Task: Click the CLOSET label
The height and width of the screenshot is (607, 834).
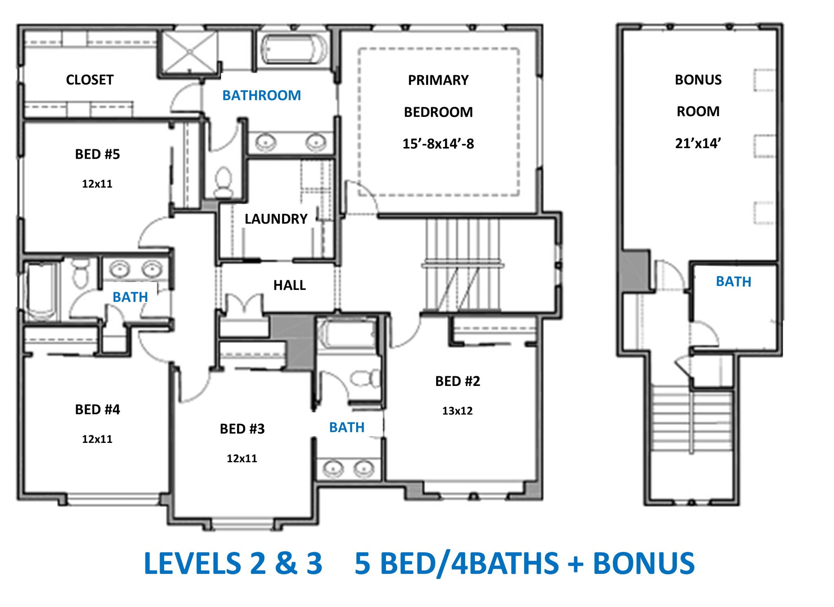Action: coord(90,80)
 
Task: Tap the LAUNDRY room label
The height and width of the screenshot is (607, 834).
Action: coord(276,219)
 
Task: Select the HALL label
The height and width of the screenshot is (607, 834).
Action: coord(290,285)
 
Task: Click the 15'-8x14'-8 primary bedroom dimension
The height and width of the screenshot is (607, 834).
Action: coord(438,144)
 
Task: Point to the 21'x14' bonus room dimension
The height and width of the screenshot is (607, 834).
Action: coord(698,143)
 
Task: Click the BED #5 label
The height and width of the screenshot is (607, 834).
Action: coord(97,154)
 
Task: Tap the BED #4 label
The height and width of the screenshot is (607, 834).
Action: coord(97,410)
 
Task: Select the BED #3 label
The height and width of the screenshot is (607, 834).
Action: coord(242,429)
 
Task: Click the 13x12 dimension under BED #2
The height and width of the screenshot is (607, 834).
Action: coord(457,411)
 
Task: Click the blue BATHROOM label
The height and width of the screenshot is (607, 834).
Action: coord(261,96)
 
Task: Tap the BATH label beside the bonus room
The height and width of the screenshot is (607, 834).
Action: coord(733,282)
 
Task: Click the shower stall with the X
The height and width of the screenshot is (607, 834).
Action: coord(190,52)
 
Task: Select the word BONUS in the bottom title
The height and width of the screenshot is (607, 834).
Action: coord(643,563)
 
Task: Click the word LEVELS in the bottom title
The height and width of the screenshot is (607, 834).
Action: coord(193,563)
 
